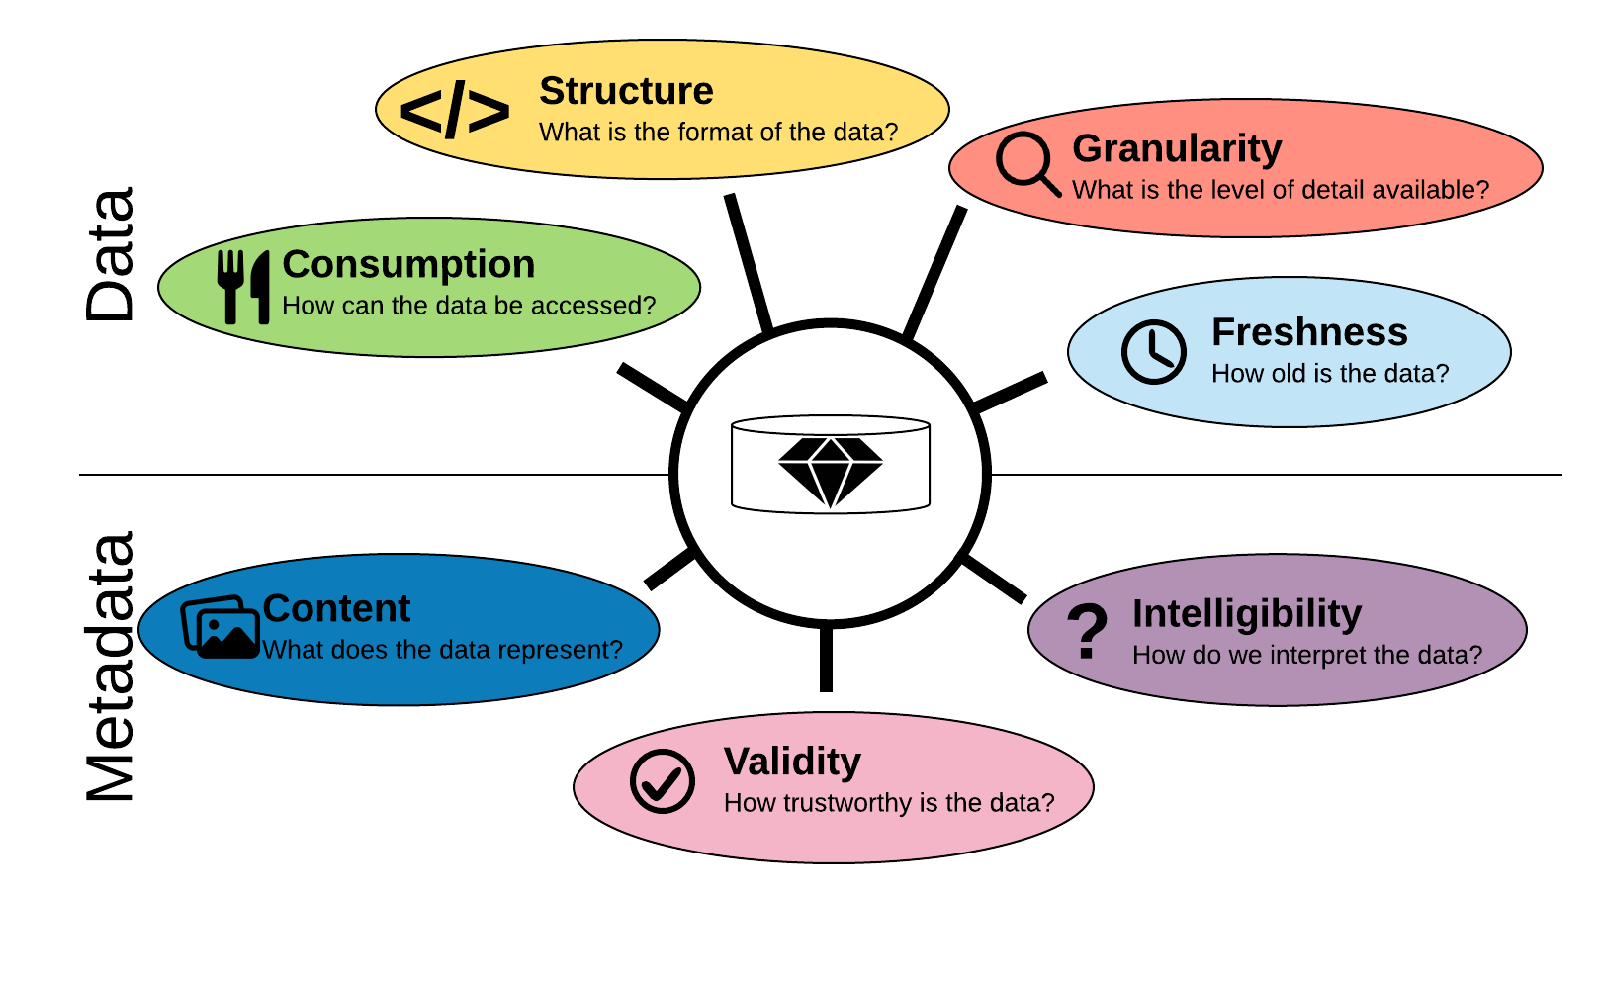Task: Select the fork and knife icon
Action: pyautogui.click(x=243, y=287)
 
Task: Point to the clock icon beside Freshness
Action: pyautogui.click(x=1153, y=351)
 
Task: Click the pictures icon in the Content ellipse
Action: pyautogui.click(x=221, y=627)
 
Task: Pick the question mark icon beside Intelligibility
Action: pyautogui.click(x=1088, y=631)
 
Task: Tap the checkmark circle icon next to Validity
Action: pyautogui.click(x=663, y=781)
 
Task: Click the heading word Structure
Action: pyautogui.click(x=626, y=91)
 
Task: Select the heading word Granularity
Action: pyautogui.click(x=1177, y=148)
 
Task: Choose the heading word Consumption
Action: pyautogui.click(x=408, y=264)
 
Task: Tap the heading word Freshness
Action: pyautogui.click(x=1309, y=332)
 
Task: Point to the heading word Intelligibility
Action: pyautogui.click(x=1247, y=614)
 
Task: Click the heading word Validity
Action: pyautogui.click(x=792, y=762)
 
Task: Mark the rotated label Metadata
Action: pyautogui.click(x=110, y=668)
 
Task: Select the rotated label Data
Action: pyautogui.click(x=110, y=254)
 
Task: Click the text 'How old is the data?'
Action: pyautogui.click(x=1330, y=374)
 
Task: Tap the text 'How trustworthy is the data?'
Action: pyautogui.click(x=889, y=803)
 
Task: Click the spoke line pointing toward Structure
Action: pyautogui.click(x=748, y=262)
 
